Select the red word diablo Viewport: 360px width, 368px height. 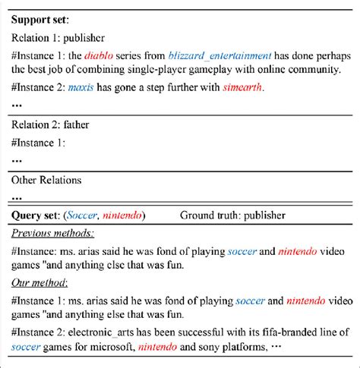click(x=99, y=55)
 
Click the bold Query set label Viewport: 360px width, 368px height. click(x=36, y=215)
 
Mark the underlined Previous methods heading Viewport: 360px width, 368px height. click(x=52, y=233)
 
